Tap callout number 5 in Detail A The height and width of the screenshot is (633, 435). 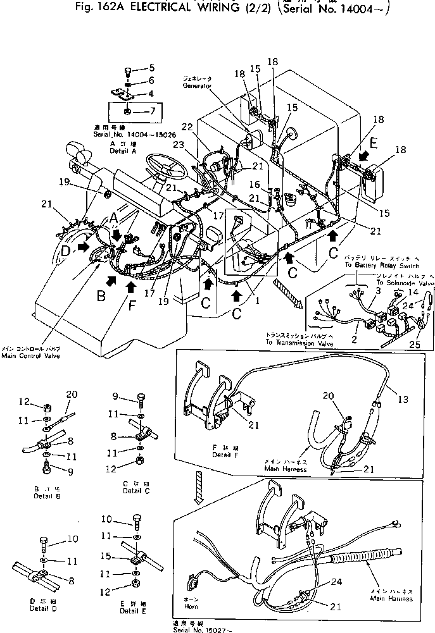pyautogui.click(x=151, y=68)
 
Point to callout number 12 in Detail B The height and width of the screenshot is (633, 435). pyautogui.click(x=25, y=401)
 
